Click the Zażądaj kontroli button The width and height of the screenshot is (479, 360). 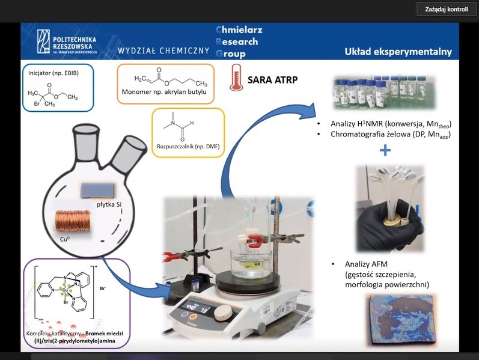point(446,9)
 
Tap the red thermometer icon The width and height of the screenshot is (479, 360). point(236,79)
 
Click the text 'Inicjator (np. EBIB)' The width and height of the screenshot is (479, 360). point(49,73)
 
